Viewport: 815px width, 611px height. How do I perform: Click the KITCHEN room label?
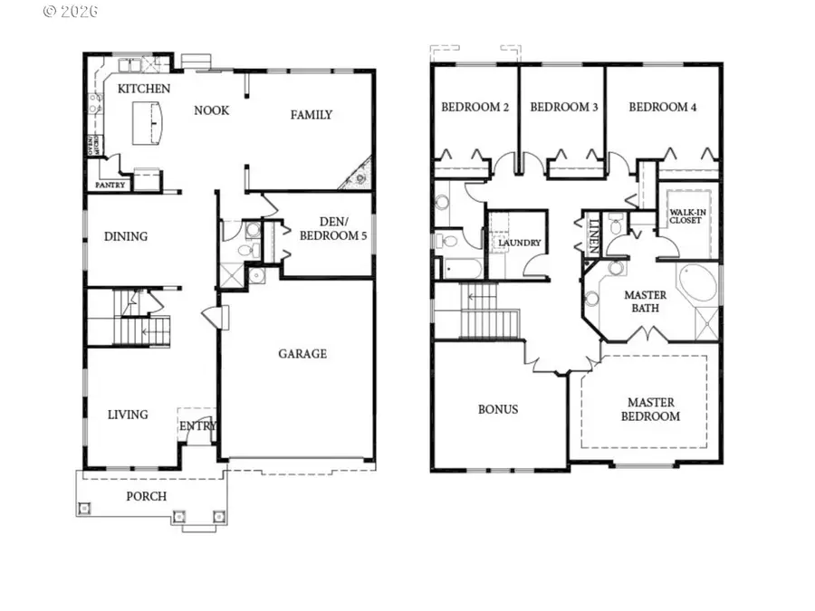click(144, 89)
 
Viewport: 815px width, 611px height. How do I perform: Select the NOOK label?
click(211, 110)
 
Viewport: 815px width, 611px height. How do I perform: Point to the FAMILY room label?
click(311, 115)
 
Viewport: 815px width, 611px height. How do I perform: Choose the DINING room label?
click(125, 237)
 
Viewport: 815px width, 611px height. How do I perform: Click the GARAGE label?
click(302, 354)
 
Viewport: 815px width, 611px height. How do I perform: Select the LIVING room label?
click(128, 415)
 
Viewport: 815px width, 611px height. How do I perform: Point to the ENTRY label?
click(197, 426)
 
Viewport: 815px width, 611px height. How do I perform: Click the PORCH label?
click(146, 496)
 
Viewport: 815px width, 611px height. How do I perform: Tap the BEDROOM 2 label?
click(475, 107)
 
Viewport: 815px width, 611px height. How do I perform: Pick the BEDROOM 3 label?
click(563, 107)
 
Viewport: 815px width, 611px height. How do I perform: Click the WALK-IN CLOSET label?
click(685, 217)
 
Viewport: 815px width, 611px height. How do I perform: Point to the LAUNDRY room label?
click(519, 243)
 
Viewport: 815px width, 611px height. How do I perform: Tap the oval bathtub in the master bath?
click(695, 284)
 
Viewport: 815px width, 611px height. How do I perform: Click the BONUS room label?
click(498, 409)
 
